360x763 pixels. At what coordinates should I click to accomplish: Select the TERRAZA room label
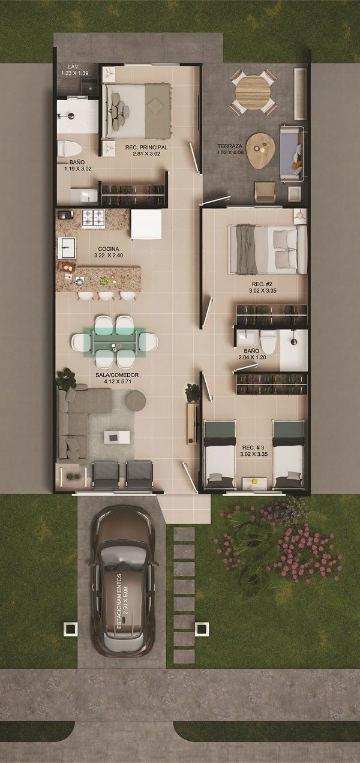click(x=230, y=146)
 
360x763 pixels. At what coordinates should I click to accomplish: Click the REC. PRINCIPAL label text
click(x=146, y=148)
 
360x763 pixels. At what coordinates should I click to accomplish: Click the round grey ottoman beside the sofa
click(x=136, y=400)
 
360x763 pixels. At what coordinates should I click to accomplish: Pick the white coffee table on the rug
click(x=117, y=437)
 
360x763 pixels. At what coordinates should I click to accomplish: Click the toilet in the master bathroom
click(x=69, y=149)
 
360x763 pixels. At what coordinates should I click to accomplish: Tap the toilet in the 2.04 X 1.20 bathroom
click(x=268, y=342)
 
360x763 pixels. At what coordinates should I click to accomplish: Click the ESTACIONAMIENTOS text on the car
click(x=119, y=601)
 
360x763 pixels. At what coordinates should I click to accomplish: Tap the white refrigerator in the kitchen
click(x=146, y=224)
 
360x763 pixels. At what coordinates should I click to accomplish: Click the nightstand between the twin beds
click(x=253, y=483)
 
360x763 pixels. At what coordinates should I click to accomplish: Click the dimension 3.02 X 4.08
click(x=230, y=152)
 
